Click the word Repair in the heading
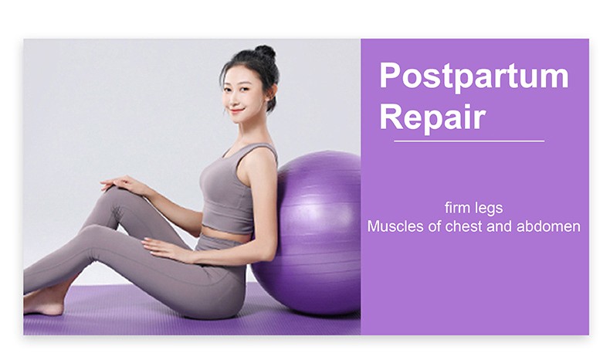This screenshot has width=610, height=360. pos(432,117)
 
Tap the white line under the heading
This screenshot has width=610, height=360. pos(469,141)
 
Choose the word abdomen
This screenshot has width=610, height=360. pos(548,226)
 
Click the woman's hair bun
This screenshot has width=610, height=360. pos(265,52)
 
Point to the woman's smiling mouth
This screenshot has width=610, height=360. pos(236,110)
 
